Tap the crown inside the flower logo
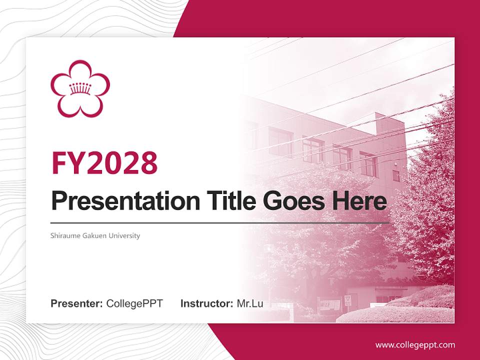pyautogui.click(x=80, y=88)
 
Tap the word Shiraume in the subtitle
pyautogui.click(x=63, y=235)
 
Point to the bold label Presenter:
pyautogui.click(x=77, y=303)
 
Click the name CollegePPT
pyautogui.click(x=134, y=303)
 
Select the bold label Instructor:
pyautogui.click(x=206, y=303)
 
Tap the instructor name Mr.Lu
pyautogui.click(x=250, y=303)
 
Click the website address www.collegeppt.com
pyautogui.click(x=415, y=344)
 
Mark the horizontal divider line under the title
pyautogui.click(x=220, y=222)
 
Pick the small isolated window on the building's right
pyautogui.click(x=395, y=175)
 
